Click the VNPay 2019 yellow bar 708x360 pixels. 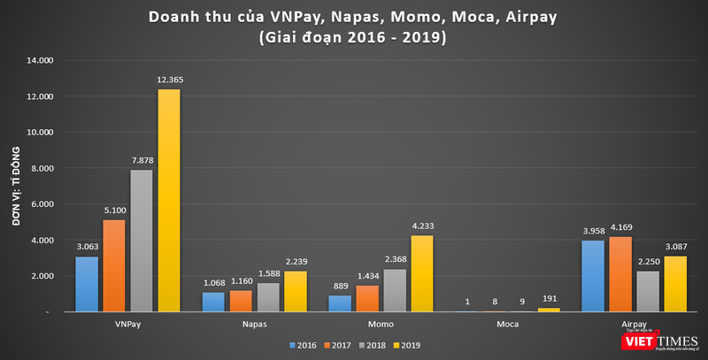(x=168, y=200)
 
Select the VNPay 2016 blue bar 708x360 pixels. (x=87, y=284)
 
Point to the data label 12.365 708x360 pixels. (x=169, y=80)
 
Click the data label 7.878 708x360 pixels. (x=142, y=160)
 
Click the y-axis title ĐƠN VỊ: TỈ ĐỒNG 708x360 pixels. (x=17, y=186)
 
